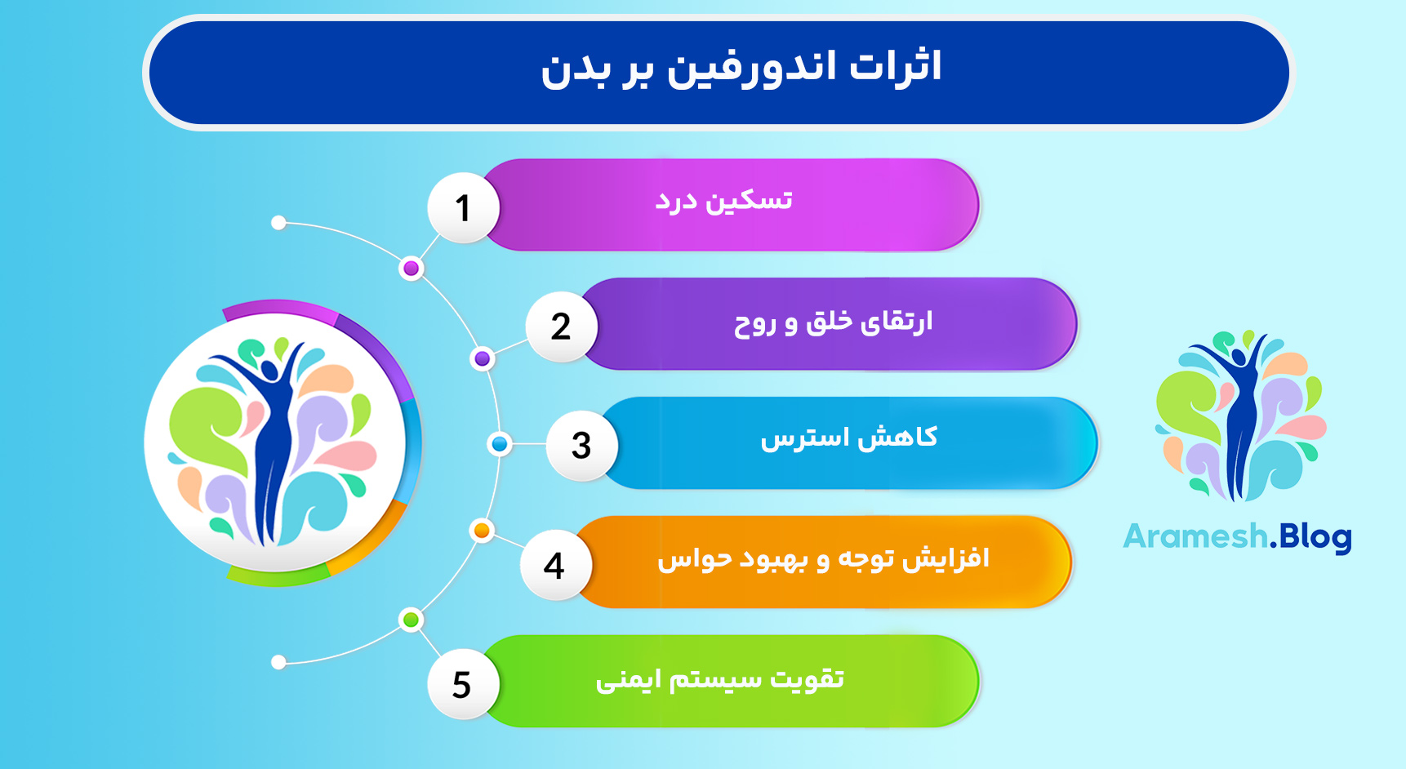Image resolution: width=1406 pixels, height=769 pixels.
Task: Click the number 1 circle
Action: (x=463, y=207)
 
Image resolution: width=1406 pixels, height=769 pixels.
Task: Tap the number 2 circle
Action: (x=561, y=327)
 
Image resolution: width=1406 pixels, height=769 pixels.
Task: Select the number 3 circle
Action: (x=581, y=445)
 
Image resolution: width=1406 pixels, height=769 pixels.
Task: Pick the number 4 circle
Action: (x=554, y=565)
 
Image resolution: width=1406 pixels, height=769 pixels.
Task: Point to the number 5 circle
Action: (x=462, y=684)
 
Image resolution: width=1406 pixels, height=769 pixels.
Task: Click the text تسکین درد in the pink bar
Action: (x=723, y=201)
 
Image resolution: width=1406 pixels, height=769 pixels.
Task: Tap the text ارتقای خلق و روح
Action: (x=833, y=322)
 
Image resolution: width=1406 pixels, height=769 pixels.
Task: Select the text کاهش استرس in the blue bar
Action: (x=848, y=438)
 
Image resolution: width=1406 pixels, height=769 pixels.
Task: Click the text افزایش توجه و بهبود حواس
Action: (x=823, y=559)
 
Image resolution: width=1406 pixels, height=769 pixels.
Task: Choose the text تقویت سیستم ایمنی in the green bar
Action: (x=719, y=679)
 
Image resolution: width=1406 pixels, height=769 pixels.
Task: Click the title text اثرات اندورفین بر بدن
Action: (x=741, y=68)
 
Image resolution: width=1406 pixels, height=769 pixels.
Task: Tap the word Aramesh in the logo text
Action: (x=1195, y=537)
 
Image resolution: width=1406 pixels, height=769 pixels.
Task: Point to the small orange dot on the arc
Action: (x=482, y=531)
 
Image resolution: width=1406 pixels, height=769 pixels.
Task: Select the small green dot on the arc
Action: (x=412, y=620)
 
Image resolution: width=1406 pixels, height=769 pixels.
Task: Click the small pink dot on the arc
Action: (x=412, y=269)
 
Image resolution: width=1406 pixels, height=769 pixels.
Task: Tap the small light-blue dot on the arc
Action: (x=500, y=444)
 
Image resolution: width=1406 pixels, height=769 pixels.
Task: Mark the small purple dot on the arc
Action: (x=483, y=358)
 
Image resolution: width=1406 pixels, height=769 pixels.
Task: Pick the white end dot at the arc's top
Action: (x=278, y=223)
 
